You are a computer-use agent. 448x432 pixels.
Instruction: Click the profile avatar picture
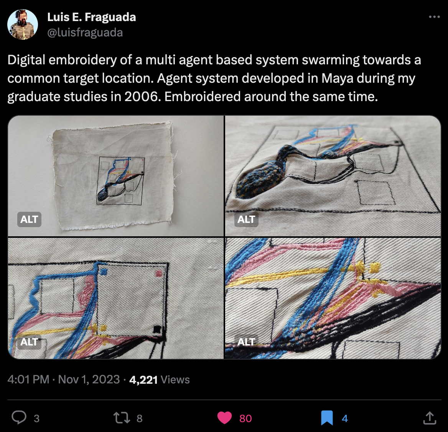click(x=23, y=25)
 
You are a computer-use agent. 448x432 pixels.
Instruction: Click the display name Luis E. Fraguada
click(x=91, y=17)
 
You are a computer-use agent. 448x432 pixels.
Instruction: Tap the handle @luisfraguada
click(x=85, y=33)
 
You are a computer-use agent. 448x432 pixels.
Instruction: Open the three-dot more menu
click(x=434, y=17)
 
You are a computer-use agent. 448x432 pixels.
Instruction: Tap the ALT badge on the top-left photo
click(x=29, y=219)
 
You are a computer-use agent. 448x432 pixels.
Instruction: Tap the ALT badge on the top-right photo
click(x=246, y=219)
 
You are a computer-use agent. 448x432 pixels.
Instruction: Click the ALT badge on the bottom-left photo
click(x=29, y=342)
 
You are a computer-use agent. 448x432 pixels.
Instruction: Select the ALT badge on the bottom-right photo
click(x=246, y=342)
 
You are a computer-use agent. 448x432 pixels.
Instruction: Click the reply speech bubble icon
click(x=19, y=418)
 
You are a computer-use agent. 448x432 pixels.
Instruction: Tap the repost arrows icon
click(x=122, y=418)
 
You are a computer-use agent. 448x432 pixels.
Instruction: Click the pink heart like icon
click(x=224, y=418)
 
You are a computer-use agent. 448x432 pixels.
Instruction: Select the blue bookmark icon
click(x=327, y=418)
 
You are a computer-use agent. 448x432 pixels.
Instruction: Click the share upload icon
click(x=430, y=418)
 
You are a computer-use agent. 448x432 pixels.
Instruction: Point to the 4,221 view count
click(x=143, y=380)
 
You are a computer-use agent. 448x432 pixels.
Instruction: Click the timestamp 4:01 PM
click(x=28, y=380)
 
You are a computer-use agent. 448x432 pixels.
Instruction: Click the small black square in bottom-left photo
click(x=157, y=329)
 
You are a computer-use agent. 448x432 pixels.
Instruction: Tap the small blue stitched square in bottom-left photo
click(x=104, y=272)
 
